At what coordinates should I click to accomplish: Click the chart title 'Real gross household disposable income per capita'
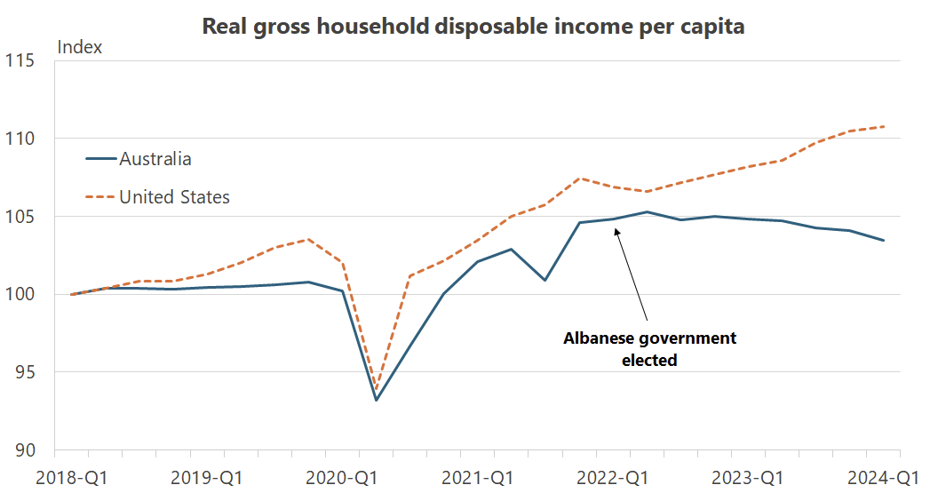[473, 26]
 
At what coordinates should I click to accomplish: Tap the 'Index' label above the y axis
[80, 47]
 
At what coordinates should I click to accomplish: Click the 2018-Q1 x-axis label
[71, 477]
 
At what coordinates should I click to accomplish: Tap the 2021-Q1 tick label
[479, 477]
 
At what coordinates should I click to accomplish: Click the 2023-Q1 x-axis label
[750, 477]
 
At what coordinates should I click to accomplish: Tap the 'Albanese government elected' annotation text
[649, 349]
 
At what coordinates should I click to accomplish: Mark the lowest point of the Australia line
[376, 400]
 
